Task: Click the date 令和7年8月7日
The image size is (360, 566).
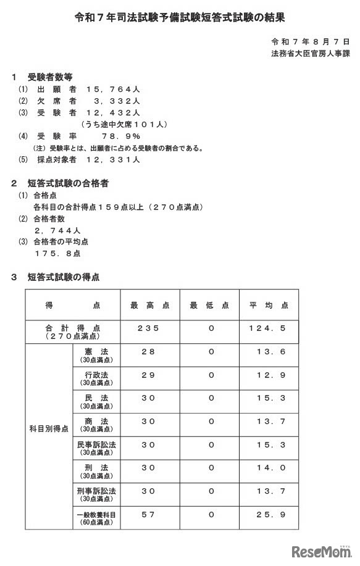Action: coord(310,42)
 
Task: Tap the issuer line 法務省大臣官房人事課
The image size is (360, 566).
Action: coord(310,54)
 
